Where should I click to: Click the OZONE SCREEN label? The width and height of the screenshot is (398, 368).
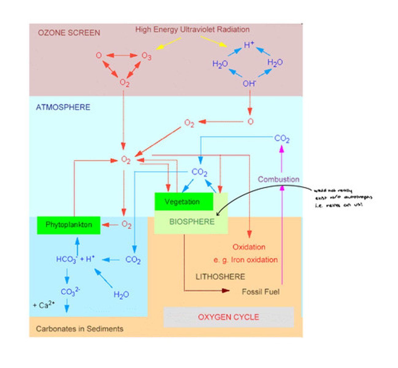(69, 33)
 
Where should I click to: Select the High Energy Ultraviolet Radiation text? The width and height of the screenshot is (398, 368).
(192, 30)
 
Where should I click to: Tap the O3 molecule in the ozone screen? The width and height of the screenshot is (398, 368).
(146, 56)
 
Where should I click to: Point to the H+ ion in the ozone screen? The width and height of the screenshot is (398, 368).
(249, 45)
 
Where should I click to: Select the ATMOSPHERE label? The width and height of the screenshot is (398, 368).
(63, 107)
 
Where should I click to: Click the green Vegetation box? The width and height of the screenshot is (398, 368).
(183, 201)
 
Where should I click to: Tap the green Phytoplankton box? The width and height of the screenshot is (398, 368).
(69, 225)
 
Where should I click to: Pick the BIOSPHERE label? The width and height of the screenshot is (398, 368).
(192, 222)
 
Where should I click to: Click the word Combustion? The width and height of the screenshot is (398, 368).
(278, 179)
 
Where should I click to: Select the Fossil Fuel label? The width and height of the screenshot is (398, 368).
(260, 292)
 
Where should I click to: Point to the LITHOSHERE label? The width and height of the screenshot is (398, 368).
(220, 277)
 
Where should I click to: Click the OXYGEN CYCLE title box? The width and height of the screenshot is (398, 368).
(228, 317)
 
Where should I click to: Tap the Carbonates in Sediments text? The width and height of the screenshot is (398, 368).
(80, 329)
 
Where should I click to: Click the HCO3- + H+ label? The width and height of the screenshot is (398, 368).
(75, 259)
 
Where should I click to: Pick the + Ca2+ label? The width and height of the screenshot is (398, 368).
(44, 305)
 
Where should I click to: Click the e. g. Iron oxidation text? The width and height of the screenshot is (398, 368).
(246, 260)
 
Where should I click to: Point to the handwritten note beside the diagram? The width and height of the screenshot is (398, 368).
(343, 198)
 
